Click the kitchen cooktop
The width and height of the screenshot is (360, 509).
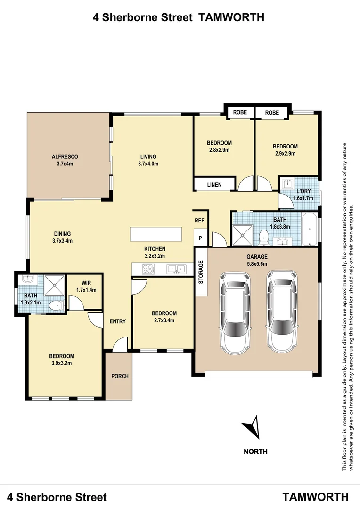point(148,269)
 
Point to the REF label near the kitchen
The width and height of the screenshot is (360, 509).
point(200,220)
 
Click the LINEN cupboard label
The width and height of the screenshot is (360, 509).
point(214,185)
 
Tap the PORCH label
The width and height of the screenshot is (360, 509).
point(120,376)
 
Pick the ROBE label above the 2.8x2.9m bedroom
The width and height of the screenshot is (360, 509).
point(240,113)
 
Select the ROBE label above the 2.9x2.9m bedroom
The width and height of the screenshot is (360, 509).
point(272,113)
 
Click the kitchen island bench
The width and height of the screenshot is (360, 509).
point(156,234)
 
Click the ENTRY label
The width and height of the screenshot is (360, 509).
point(117,321)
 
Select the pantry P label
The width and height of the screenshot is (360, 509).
point(200,238)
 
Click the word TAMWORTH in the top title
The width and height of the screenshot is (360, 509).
point(232,17)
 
